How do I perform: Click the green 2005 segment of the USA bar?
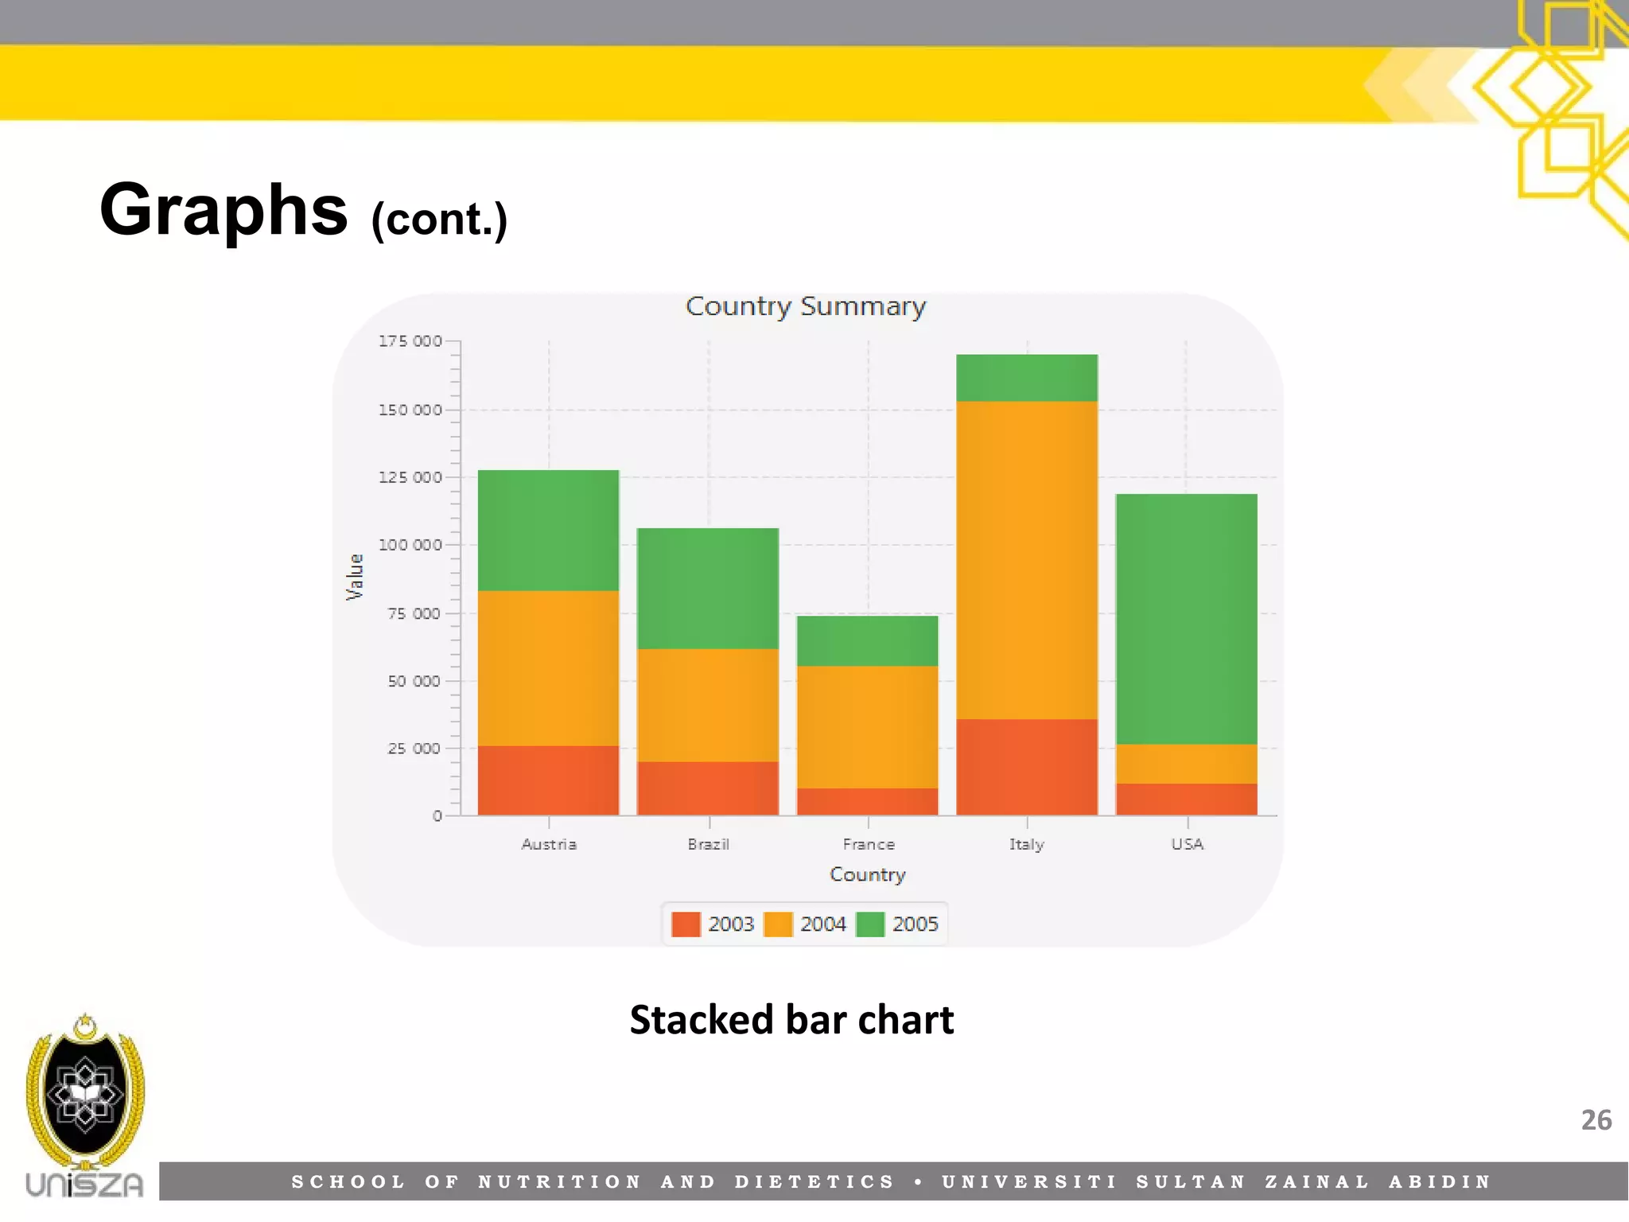pos(1186,619)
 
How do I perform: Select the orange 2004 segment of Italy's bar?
pos(1026,560)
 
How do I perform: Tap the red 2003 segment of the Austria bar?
pos(548,780)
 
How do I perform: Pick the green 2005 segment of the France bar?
pos(867,640)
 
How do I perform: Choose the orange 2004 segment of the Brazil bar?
pos(707,705)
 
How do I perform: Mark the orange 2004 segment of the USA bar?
pos(1186,764)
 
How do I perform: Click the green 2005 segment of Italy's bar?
pos(1026,378)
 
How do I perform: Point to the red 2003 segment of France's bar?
pos(867,801)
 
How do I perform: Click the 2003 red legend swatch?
pos(686,924)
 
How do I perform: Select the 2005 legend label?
pos(915,924)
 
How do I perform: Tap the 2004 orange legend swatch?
pos(778,924)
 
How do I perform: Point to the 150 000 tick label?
pos(410,410)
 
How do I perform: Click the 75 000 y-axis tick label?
pos(414,613)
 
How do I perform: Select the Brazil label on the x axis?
pos(708,844)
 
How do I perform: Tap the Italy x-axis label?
pos(1026,844)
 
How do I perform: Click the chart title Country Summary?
pos(806,306)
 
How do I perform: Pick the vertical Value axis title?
pos(355,577)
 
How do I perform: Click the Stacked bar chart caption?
pos(791,1020)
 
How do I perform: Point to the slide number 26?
pos(1596,1120)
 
